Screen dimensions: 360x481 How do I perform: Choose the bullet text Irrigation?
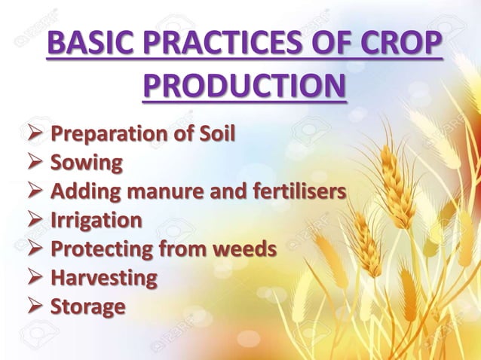pyautogui.click(x=96, y=221)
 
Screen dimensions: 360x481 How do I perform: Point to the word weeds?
pyautogui.click(x=242, y=249)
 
